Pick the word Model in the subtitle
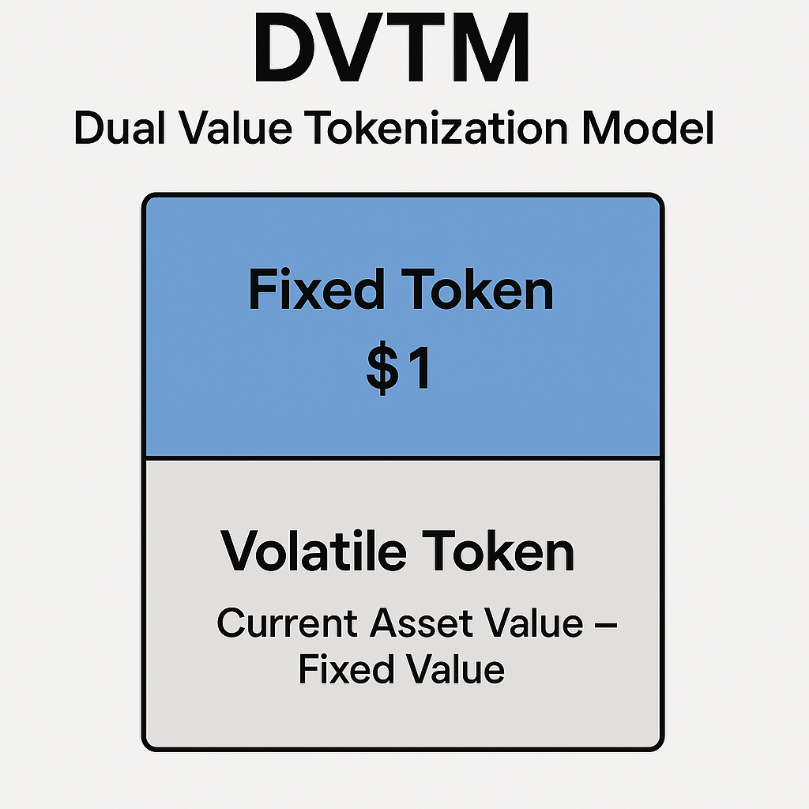[x=648, y=127]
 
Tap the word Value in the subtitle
[x=235, y=127]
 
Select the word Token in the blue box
[x=477, y=289]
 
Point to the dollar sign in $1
[x=382, y=367]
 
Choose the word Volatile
[x=314, y=551]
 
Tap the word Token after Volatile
[x=498, y=551]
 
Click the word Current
[x=287, y=623]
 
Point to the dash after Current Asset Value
[x=606, y=626]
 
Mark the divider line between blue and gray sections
[x=403, y=458]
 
